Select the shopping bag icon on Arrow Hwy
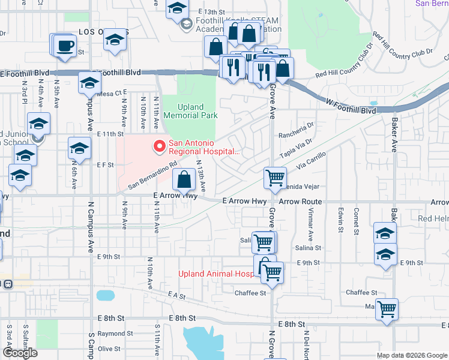click(x=184, y=179)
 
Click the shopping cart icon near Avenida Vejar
click(x=275, y=178)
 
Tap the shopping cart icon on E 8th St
click(x=387, y=310)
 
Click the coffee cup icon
click(x=65, y=46)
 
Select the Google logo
click(x=20, y=353)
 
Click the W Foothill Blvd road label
click(x=351, y=110)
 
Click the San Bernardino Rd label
click(x=152, y=173)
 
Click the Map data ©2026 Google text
click(x=412, y=355)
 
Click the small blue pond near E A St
click(x=104, y=295)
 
